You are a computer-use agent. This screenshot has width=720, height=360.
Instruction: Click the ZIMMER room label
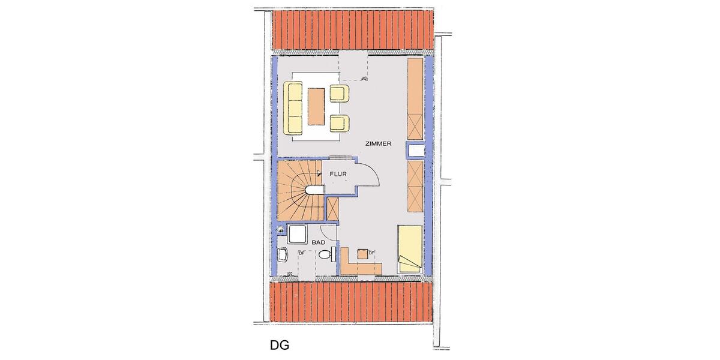point(378,144)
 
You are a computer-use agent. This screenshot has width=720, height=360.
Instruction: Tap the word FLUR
point(338,175)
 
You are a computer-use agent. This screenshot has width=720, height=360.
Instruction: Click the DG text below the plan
point(279,346)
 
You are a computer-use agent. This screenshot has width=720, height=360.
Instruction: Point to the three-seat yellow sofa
point(295,109)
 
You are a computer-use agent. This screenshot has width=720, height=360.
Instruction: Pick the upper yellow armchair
point(339,93)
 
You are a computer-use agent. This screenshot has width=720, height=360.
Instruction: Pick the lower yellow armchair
point(339,123)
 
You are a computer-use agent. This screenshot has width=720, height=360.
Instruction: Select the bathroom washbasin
point(283,256)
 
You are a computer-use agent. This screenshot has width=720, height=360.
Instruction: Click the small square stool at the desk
point(362,253)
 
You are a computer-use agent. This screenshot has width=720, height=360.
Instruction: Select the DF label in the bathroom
point(301,253)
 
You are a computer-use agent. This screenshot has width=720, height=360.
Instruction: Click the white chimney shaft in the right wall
point(416,150)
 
